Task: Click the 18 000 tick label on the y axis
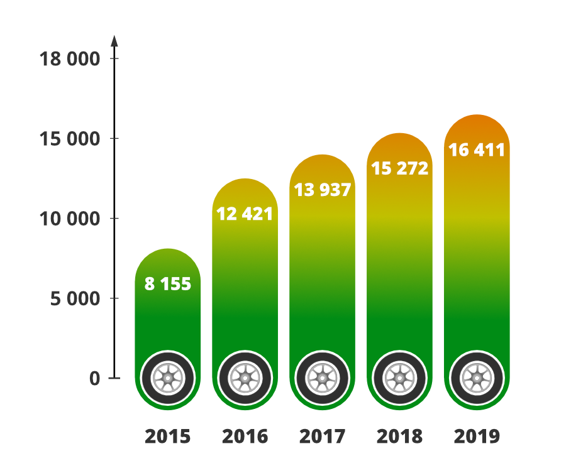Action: tap(69, 59)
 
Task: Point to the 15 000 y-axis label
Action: tap(69, 139)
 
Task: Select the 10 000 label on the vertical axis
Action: tap(69, 219)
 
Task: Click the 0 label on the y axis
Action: tap(94, 379)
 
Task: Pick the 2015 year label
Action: tap(167, 436)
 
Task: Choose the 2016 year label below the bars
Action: tap(245, 436)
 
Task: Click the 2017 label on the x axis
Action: tap(322, 436)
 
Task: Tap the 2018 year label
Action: tap(399, 436)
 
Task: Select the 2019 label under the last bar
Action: tap(477, 436)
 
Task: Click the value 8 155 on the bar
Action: tap(167, 284)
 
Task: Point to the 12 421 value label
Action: tap(245, 214)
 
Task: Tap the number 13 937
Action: tap(322, 190)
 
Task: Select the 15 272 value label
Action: tap(399, 168)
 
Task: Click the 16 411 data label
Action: tap(477, 151)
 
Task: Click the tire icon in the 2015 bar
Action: tap(168, 378)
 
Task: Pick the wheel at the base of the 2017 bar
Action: tap(322, 378)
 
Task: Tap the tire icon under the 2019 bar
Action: tap(477, 378)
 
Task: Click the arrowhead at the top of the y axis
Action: tap(114, 40)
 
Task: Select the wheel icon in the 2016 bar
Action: tap(245, 378)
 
